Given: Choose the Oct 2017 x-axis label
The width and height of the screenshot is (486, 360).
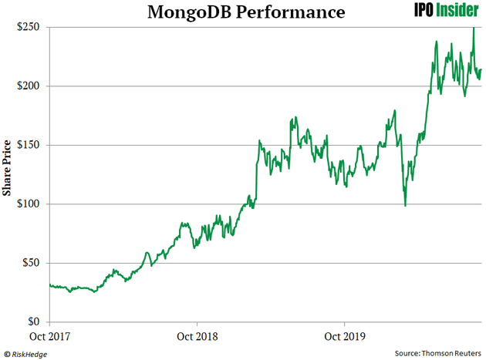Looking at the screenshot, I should tap(49, 336).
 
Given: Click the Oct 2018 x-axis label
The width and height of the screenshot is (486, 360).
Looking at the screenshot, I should tap(197, 336).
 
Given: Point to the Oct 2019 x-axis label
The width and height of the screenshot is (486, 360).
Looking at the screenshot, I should tap(344, 336).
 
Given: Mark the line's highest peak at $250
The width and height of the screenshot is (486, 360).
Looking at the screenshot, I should tap(473, 28).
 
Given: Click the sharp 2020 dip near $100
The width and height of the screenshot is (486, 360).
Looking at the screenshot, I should tap(405, 205).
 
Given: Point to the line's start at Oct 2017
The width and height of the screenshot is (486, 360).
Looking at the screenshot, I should tap(49, 285).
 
